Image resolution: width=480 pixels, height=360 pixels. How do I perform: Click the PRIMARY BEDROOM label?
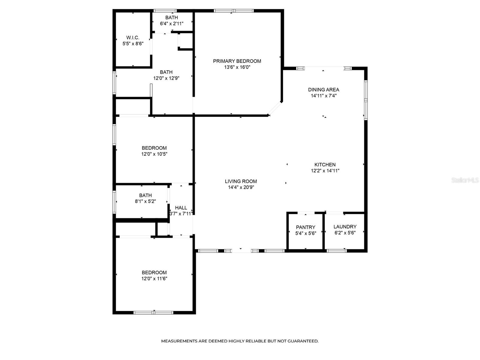pos(237,61)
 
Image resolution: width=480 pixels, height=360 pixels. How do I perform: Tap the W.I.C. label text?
pos(133,37)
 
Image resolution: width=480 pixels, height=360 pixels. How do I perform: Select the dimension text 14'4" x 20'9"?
pos(241,187)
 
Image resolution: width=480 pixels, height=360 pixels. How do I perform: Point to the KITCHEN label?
pos(325,165)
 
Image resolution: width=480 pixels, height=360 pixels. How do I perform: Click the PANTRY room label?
pos(305,227)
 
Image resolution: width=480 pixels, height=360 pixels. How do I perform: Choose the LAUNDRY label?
pos(345,227)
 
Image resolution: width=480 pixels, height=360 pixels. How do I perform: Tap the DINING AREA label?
pos(324,90)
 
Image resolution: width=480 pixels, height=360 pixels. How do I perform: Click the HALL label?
pos(181,208)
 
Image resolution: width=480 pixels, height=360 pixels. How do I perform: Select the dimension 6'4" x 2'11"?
pos(172,23)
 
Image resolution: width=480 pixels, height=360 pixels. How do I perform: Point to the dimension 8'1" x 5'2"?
pos(145,201)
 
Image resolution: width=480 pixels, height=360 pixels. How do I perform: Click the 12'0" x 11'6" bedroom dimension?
pos(154,278)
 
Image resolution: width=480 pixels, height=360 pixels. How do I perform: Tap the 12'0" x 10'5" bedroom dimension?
pos(154,154)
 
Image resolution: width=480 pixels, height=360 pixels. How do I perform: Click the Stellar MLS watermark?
pos(465,180)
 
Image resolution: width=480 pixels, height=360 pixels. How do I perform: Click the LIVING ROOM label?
pos(241,181)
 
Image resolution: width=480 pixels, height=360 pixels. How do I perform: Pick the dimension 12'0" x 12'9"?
pos(166,78)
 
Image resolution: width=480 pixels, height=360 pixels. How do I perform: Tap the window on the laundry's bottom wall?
pos(337,251)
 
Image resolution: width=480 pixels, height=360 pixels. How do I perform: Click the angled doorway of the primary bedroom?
pos(275,108)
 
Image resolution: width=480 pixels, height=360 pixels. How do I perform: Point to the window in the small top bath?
pos(165,11)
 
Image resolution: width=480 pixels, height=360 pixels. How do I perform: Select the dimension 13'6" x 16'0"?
pos(237,67)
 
